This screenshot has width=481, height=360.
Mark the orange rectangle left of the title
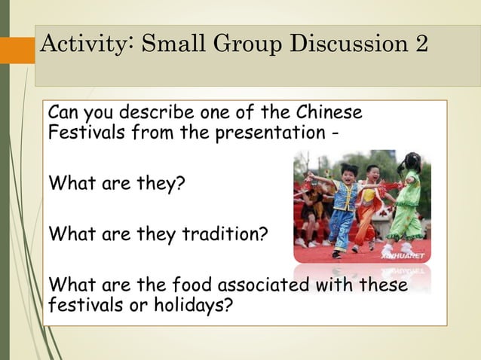pyautogui.click(x=17, y=50)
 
